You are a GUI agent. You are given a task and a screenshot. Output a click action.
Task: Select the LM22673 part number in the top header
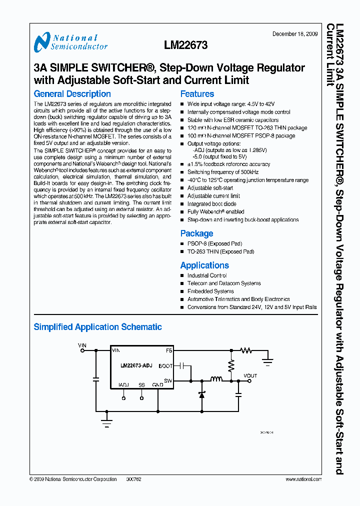(x=185, y=45)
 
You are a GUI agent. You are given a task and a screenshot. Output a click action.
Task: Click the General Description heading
(x=72, y=93)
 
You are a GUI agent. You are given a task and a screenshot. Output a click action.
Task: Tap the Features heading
(x=197, y=93)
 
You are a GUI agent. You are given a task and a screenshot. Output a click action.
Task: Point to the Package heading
(x=196, y=233)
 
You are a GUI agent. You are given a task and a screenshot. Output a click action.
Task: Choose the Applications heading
(x=204, y=265)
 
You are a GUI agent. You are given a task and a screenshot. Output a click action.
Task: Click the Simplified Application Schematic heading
(x=97, y=327)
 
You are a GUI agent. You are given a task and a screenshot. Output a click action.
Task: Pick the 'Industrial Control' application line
(x=207, y=275)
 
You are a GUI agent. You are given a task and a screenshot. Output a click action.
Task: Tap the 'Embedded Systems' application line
(x=210, y=291)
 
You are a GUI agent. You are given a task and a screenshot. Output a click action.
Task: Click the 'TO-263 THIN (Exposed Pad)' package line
(x=220, y=251)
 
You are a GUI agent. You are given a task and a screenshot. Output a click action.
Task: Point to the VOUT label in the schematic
(x=250, y=375)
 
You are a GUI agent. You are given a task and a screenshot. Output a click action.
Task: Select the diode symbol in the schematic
(x=201, y=394)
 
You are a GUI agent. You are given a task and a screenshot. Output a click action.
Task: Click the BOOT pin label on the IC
(x=165, y=366)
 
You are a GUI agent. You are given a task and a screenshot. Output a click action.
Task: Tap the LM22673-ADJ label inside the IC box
(x=136, y=366)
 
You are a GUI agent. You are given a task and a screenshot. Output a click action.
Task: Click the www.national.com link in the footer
(x=303, y=479)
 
